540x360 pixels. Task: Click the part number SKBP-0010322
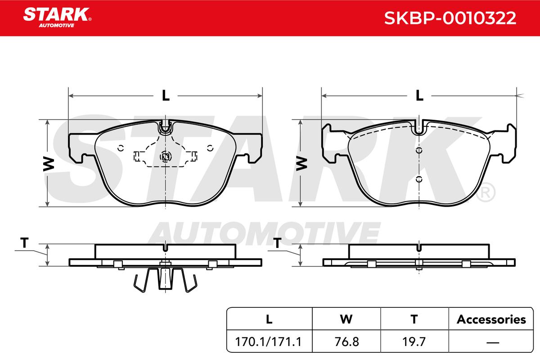450,18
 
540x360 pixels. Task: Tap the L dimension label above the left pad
166,95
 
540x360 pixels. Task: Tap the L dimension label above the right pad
419,95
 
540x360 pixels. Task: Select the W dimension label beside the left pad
49,164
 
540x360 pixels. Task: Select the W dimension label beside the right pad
301,164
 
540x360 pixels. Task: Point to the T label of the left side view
24,243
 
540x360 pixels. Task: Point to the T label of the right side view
277,243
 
